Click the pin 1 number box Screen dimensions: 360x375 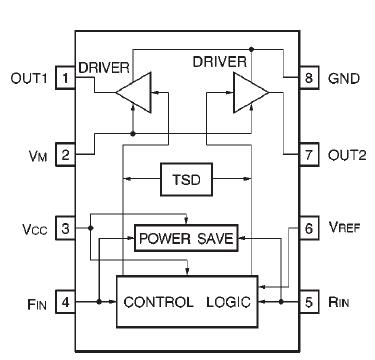(65, 77)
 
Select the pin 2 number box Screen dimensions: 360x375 (65, 155)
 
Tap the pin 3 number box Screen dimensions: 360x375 (65, 228)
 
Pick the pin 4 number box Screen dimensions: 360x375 (65, 301)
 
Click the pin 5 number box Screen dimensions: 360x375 (309, 301)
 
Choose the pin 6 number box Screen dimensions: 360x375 (309, 228)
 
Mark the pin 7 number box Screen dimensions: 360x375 (309, 155)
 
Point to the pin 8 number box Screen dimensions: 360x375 (309, 77)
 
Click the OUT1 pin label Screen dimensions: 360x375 (30, 77)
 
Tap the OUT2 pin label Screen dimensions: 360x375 (346, 155)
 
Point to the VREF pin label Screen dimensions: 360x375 (345, 228)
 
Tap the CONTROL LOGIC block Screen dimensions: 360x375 (185, 301)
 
